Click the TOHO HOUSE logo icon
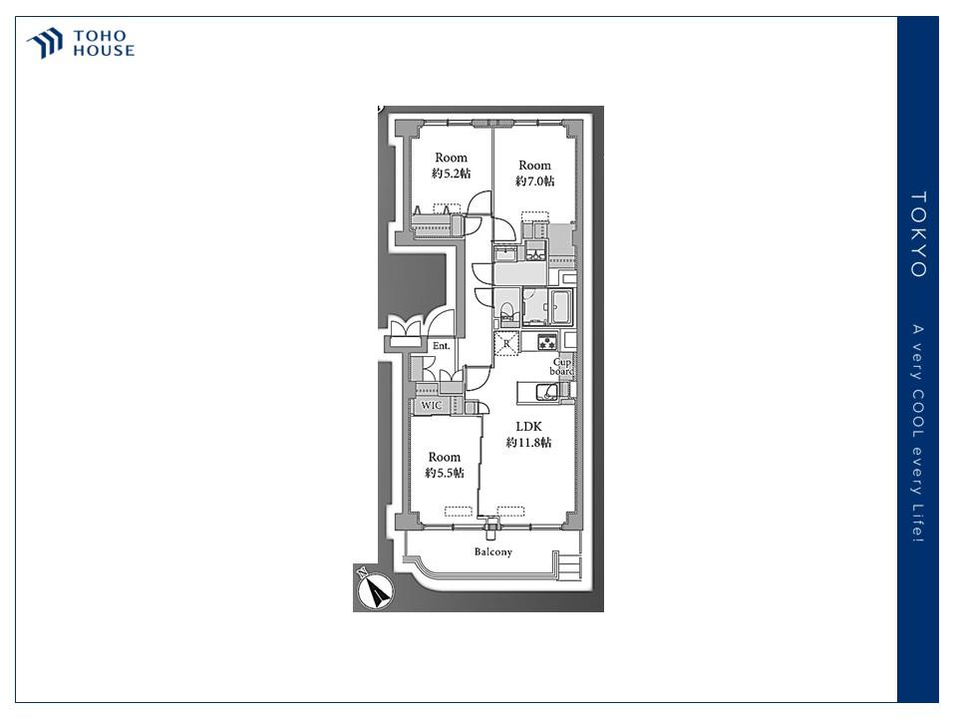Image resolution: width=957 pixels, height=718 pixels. [45, 44]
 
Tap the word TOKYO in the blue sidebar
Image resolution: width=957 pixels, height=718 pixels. [918, 234]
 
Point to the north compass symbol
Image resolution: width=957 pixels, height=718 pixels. [376, 589]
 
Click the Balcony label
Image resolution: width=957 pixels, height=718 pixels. [492, 551]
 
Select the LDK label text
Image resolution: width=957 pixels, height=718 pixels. [527, 426]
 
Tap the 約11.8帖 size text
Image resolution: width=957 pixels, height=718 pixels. [527, 443]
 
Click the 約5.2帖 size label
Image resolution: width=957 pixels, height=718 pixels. [451, 174]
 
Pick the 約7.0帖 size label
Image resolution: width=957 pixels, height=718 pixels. [534, 181]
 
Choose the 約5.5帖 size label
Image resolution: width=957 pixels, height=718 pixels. [445, 473]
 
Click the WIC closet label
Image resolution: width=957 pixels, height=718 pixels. [431, 406]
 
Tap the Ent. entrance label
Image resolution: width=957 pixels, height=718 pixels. [441, 346]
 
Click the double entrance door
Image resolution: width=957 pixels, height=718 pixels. [406, 330]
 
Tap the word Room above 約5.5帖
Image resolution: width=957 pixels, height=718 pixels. [445, 458]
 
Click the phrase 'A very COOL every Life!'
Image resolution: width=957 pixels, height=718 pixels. [918, 434]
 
